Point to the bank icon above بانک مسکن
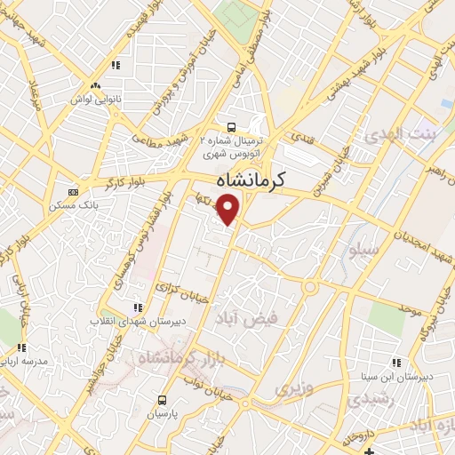tap(72, 192)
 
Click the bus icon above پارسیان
tap(162, 400)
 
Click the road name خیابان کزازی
tap(175, 285)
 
